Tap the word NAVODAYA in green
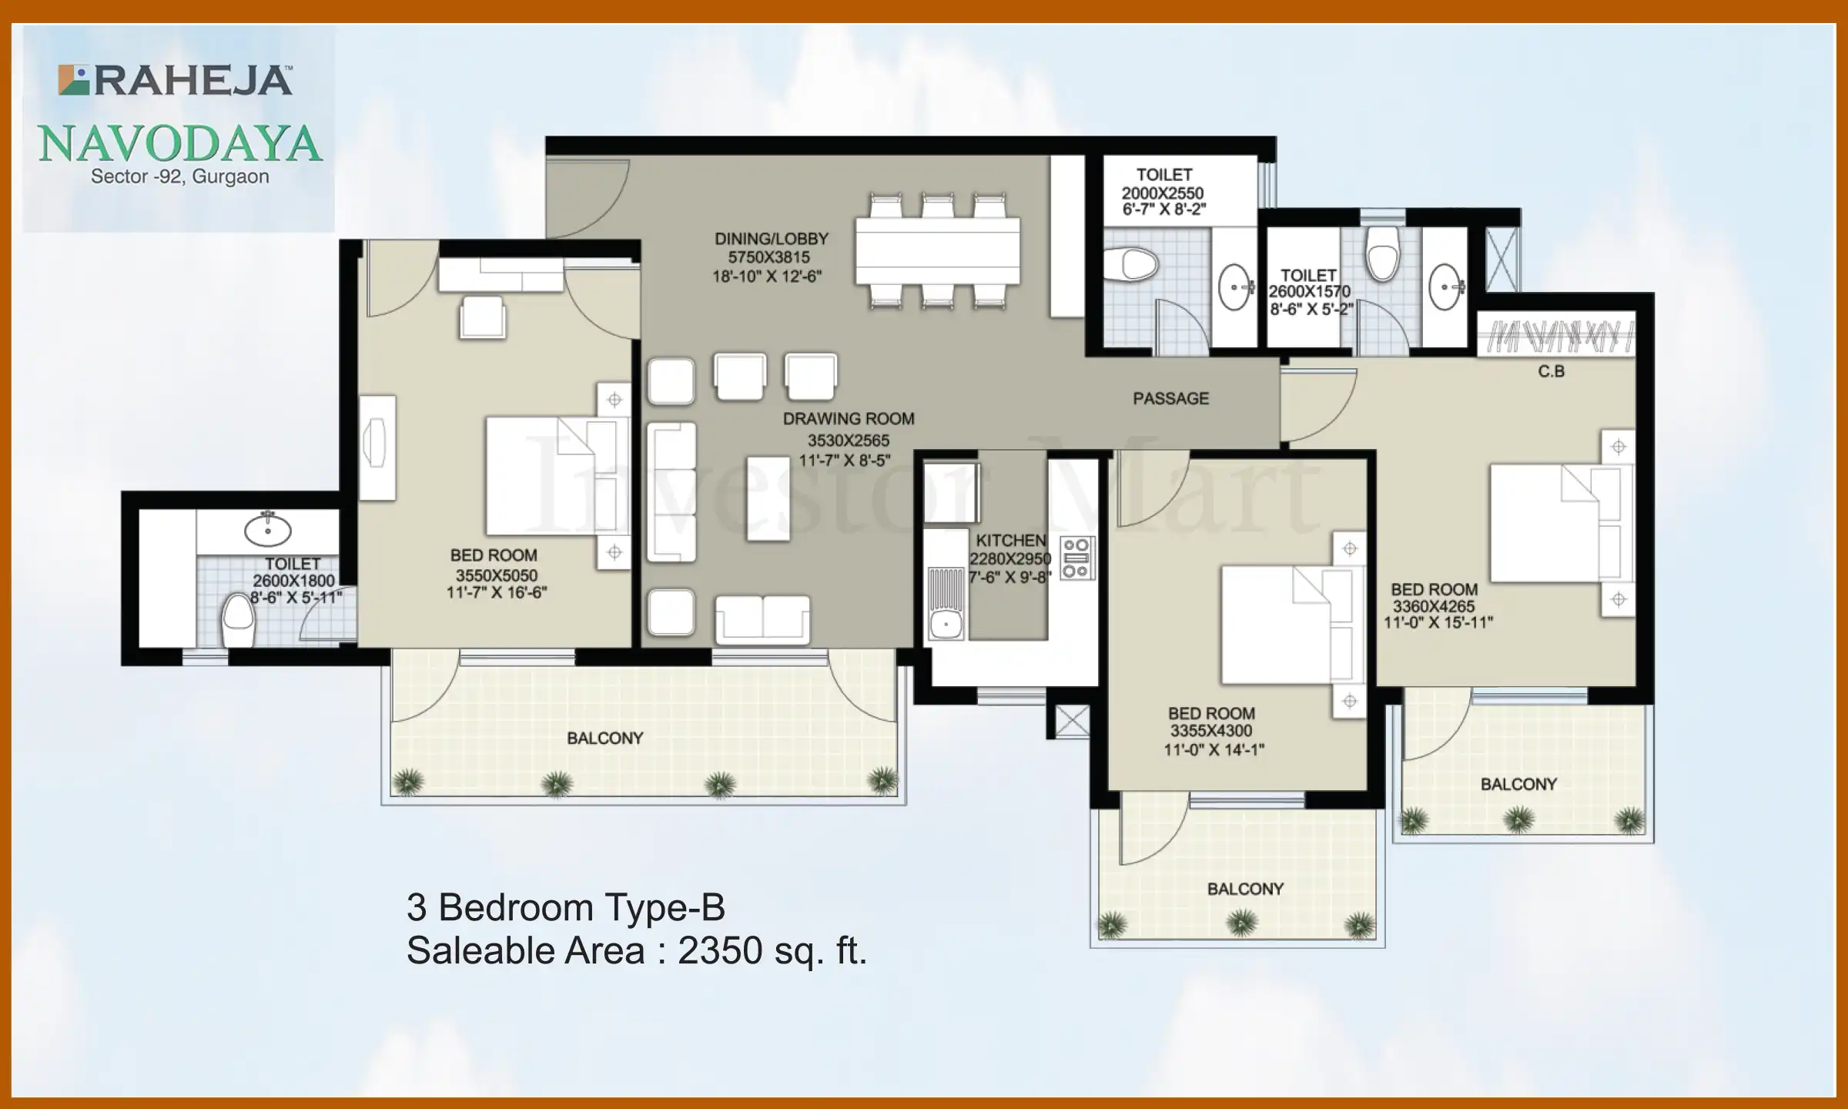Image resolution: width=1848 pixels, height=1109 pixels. click(x=180, y=144)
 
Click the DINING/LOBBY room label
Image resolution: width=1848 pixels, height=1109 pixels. click(x=771, y=240)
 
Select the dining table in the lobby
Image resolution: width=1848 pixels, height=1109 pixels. click(x=937, y=251)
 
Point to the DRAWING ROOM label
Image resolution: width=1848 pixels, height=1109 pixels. click(x=849, y=419)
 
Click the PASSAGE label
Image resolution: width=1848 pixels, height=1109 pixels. click(x=1170, y=399)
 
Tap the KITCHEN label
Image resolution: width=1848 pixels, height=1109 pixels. click(x=1010, y=541)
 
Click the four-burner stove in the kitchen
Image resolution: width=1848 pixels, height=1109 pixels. click(x=1076, y=558)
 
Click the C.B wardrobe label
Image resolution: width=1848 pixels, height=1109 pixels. click(x=1551, y=372)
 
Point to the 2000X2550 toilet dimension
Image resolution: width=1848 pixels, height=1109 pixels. click(x=1162, y=193)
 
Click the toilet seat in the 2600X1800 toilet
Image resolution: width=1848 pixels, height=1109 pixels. click(x=238, y=621)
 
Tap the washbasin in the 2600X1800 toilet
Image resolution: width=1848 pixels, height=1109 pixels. click(x=267, y=530)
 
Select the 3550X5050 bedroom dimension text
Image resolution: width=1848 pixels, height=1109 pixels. click(x=496, y=575)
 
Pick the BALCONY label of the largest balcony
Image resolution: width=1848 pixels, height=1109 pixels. click(x=604, y=739)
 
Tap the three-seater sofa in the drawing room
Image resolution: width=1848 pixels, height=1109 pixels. click(x=671, y=491)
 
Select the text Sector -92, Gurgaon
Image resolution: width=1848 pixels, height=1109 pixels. click(x=180, y=177)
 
